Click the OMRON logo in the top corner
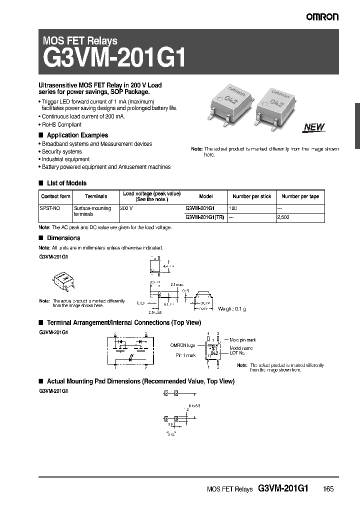pos(322,16)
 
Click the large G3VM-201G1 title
pos(114,59)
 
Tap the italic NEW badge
pos(314,127)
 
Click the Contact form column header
pos(56,197)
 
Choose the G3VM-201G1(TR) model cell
pos(205,217)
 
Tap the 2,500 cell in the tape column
pos(283,217)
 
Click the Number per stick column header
pos(252,197)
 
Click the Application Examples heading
pos(77,135)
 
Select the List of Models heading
pos(66,183)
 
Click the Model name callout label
pos(241,348)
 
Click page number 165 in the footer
pos(328,489)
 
